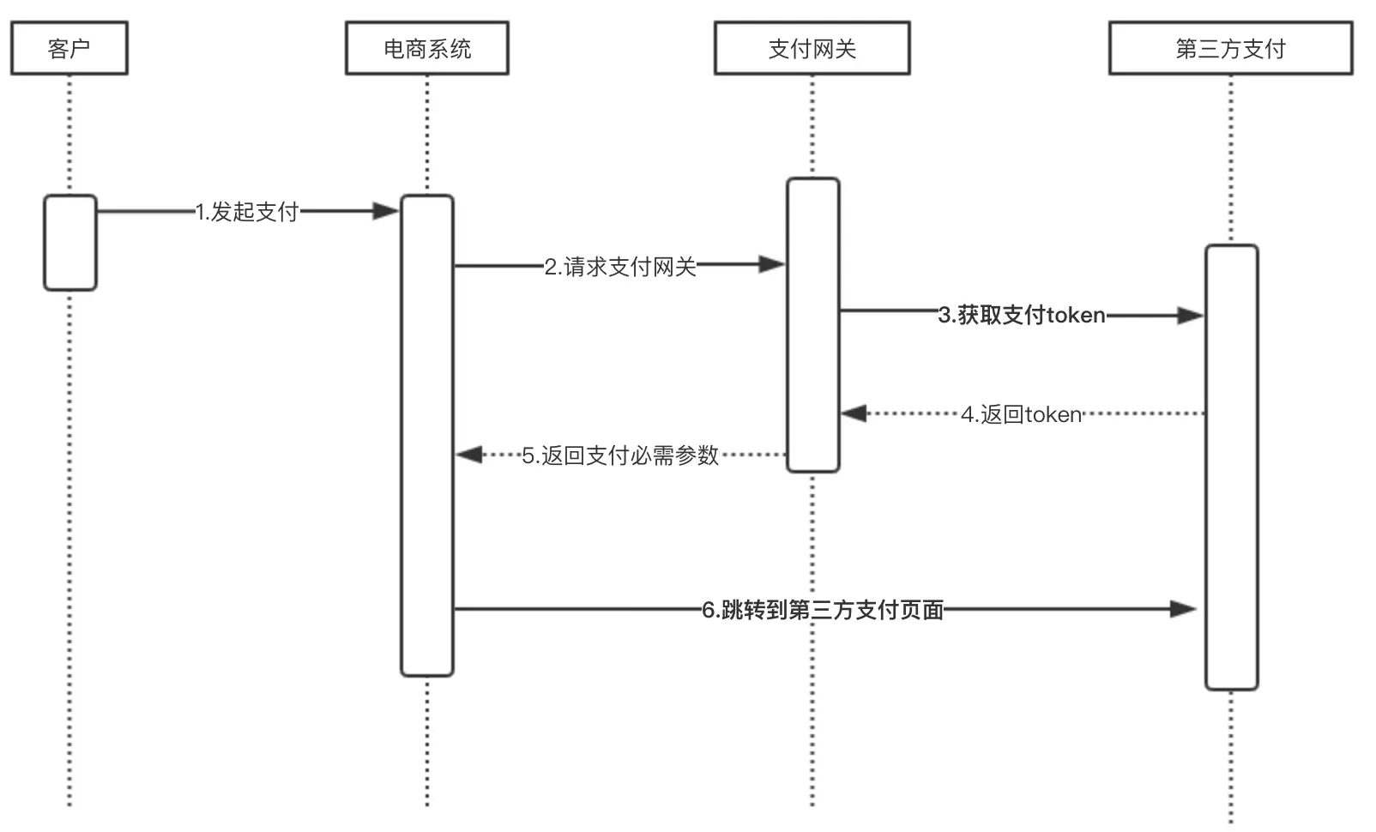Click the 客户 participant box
click(69, 49)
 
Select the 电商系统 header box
click(426, 49)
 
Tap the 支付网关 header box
click(812, 49)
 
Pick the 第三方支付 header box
click(1230, 49)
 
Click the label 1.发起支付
click(247, 212)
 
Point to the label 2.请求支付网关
click(619, 267)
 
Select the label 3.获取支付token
click(1021, 315)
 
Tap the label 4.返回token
click(1021, 414)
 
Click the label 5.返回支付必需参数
click(619, 455)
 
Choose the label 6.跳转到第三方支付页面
click(822, 610)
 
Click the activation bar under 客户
click(70, 243)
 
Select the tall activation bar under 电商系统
click(426, 435)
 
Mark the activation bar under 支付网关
click(812, 325)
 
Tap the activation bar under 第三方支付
click(1231, 467)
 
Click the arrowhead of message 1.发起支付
click(386, 211)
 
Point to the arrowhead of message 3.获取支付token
click(1190, 316)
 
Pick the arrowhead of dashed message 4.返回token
click(854, 414)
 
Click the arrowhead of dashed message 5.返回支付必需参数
click(469, 455)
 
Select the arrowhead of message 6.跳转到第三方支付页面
click(1183, 610)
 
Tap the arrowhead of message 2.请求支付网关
click(772, 265)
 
